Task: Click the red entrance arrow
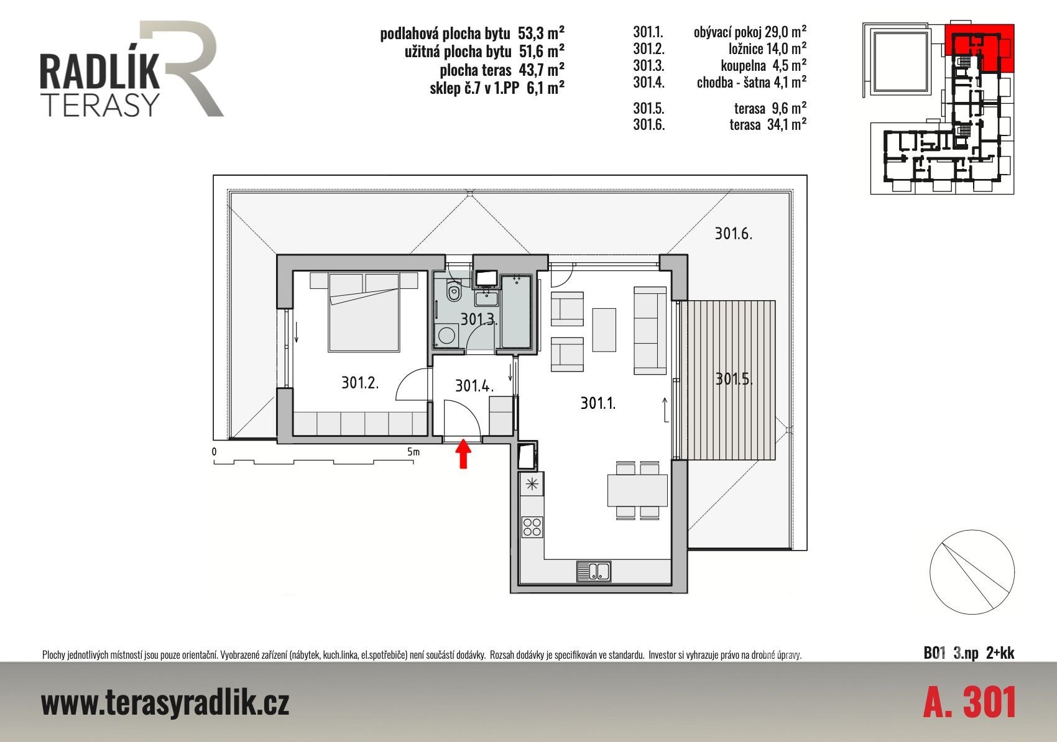(x=463, y=454)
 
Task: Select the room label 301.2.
(x=360, y=383)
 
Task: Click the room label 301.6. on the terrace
(x=733, y=234)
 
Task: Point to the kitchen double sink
(x=594, y=571)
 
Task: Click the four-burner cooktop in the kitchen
(x=532, y=527)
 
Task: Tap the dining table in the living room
(x=637, y=490)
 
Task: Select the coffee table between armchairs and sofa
(x=604, y=330)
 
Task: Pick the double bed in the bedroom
(x=364, y=312)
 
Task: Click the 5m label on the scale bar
(x=413, y=451)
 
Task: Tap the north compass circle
(x=972, y=572)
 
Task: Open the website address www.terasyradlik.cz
(x=165, y=703)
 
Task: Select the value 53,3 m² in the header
(x=541, y=33)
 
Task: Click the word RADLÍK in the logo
(x=99, y=71)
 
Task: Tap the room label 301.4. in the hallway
(x=474, y=386)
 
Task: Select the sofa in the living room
(x=650, y=330)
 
